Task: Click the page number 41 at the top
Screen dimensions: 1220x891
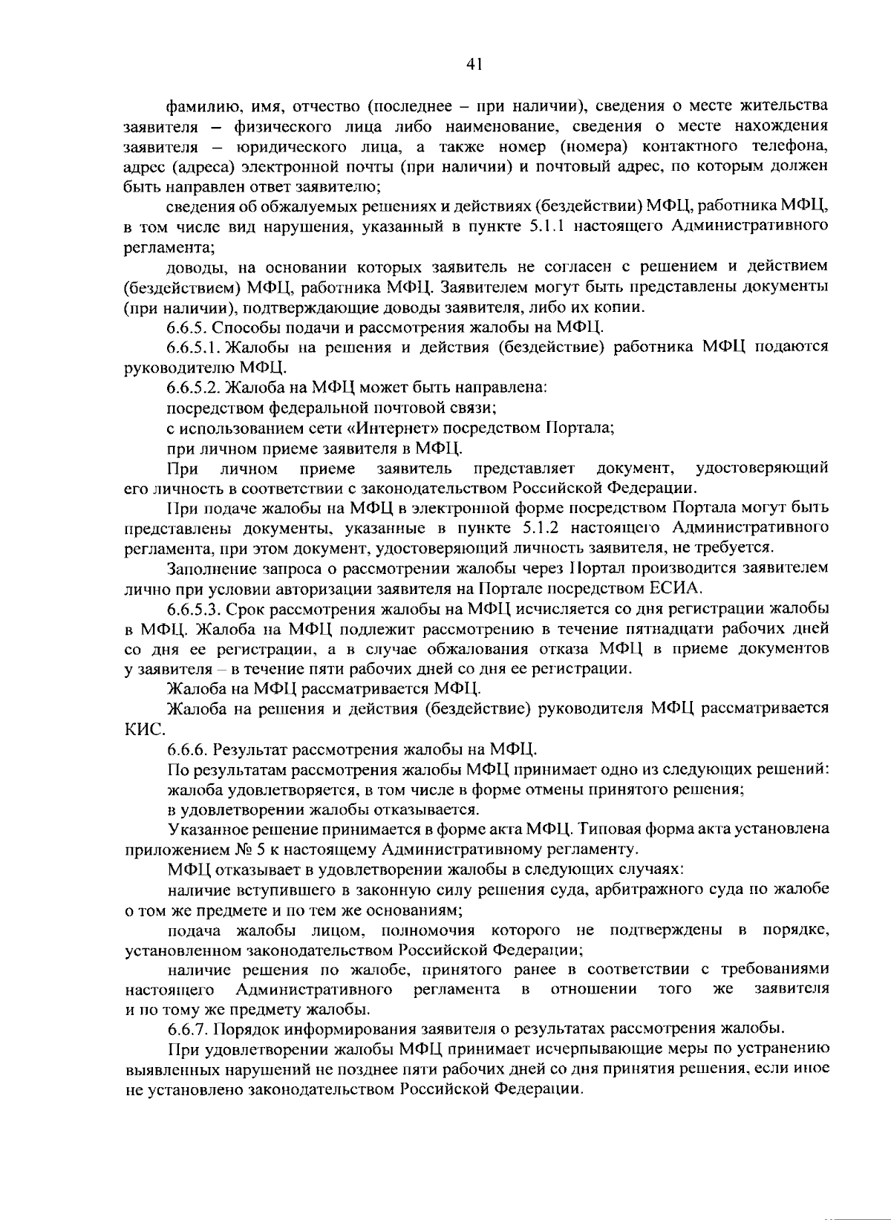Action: [475, 65]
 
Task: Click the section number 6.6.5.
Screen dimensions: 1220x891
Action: [190, 327]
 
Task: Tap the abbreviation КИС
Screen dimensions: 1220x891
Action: [140, 729]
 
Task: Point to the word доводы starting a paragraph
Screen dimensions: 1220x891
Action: [192, 267]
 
